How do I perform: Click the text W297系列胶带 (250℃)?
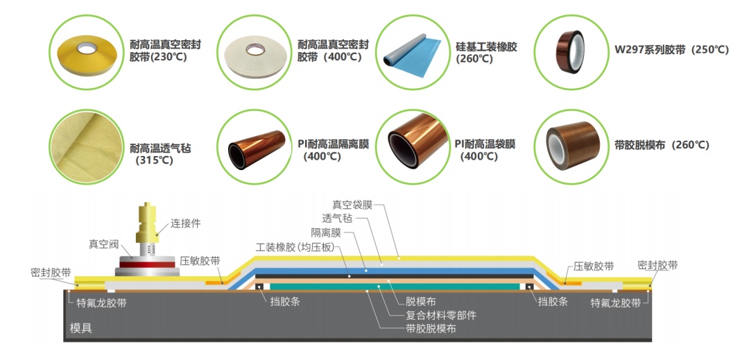click(x=672, y=50)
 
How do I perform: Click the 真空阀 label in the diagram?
click(x=101, y=244)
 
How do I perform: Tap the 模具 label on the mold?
click(x=81, y=327)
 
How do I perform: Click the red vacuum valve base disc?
click(x=148, y=264)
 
